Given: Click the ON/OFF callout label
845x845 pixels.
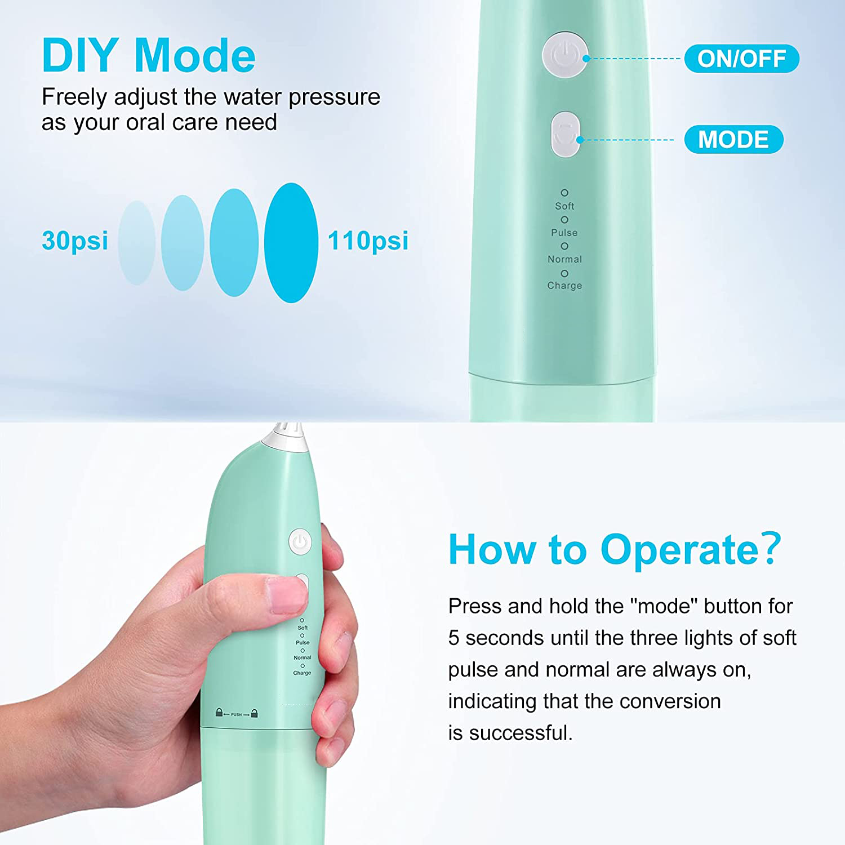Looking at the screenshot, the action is pos(741,59).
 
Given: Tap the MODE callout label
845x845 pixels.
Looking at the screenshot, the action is pos(733,139).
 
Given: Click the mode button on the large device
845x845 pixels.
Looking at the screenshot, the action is pos(565,134).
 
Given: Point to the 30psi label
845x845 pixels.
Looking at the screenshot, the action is pos(75,241).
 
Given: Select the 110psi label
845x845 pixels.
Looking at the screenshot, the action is pos(368,241).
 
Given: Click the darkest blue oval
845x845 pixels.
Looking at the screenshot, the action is pos(291,243).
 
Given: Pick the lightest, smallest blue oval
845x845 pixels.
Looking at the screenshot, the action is pos(137,243).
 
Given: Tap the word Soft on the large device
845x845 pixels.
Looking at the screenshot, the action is pos(564,206).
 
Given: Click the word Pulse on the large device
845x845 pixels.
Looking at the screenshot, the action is pos(564,233).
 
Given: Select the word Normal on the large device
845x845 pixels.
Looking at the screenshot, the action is pos(564,259).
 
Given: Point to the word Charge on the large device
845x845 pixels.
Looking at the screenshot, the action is pos(564,286).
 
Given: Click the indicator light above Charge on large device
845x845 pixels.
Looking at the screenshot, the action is pos(564,273).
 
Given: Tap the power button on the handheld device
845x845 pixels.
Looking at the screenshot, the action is pos(300,542).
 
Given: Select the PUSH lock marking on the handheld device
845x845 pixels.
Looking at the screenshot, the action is pos(237,714).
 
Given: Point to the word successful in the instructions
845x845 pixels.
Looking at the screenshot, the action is pos(521,733).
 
